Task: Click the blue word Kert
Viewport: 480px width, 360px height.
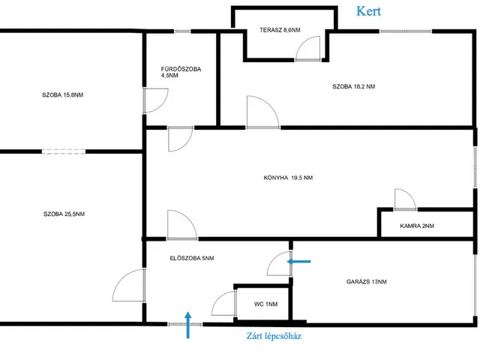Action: tap(368, 11)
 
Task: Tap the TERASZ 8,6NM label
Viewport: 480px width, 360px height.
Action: tap(280, 30)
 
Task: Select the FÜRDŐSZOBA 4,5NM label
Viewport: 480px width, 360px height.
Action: tap(181, 72)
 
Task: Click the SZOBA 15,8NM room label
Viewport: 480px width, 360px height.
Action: tap(62, 95)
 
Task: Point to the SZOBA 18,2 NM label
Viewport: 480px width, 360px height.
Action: tap(353, 87)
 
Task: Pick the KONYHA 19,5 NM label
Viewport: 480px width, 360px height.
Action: tap(288, 178)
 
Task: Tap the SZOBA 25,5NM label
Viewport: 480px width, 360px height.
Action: tap(64, 214)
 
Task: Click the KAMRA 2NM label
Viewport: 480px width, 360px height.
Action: tap(417, 226)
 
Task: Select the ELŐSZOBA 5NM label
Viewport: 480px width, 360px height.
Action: tap(192, 258)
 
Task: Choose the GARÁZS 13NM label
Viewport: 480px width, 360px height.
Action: tap(367, 282)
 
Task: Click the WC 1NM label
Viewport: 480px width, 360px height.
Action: tap(265, 304)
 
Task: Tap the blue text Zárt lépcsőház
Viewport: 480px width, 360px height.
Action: tap(274, 336)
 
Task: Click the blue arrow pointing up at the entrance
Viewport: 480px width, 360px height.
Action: tap(188, 325)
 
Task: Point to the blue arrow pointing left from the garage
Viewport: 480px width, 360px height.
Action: tap(298, 262)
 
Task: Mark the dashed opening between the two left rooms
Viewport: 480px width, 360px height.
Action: tap(64, 151)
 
